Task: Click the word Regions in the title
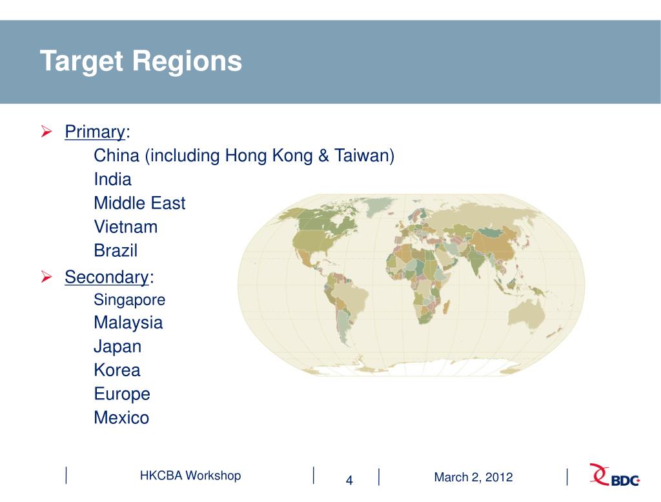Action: click(x=187, y=61)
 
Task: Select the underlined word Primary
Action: click(x=94, y=132)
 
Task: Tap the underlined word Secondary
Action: click(x=107, y=277)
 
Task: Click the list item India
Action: click(x=112, y=179)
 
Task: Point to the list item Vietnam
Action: click(x=125, y=227)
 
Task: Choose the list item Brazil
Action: click(x=116, y=250)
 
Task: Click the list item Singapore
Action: click(x=129, y=300)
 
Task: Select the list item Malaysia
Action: click(x=128, y=323)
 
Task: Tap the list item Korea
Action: click(x=117, y=370)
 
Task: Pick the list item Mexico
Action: click(x=121, y=418)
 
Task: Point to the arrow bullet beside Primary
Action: click(x=46, y=132)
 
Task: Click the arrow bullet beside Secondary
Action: click(x=46, y=277)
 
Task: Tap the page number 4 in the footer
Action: click(x=349, y=480)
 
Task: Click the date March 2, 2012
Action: click(x=473, y=477)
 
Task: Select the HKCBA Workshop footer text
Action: click(x=190, y=476)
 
